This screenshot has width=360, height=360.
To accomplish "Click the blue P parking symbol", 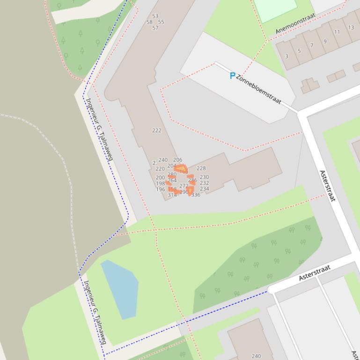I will (232, 76).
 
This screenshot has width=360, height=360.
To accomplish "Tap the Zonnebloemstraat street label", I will (258, 89).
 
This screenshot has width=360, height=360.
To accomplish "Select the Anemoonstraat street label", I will (295, 23).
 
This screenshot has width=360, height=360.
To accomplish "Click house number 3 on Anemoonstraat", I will (287, 57).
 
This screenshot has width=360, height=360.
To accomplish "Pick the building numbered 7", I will (312, 46).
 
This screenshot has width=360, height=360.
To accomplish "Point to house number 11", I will (337, 32).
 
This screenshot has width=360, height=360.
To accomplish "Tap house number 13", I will (351, 28).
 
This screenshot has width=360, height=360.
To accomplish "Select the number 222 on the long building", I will (157, 130).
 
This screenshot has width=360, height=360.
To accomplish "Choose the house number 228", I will (201, 168).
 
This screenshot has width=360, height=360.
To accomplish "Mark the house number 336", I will (196, 195).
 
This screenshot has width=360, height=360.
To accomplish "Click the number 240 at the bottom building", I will (256, 356).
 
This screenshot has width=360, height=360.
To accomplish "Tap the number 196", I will (161, 190).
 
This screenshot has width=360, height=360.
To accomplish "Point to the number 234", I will (205, 189).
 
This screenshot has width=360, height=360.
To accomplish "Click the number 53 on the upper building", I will (155, 16).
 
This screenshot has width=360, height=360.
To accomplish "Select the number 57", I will (155, 28).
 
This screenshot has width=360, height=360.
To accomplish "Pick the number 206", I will (177, 160).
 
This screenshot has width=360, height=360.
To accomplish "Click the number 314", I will (172, 195).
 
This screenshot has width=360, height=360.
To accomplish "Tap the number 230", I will (205, 177).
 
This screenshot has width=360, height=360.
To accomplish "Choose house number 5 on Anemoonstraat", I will (299, 51).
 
